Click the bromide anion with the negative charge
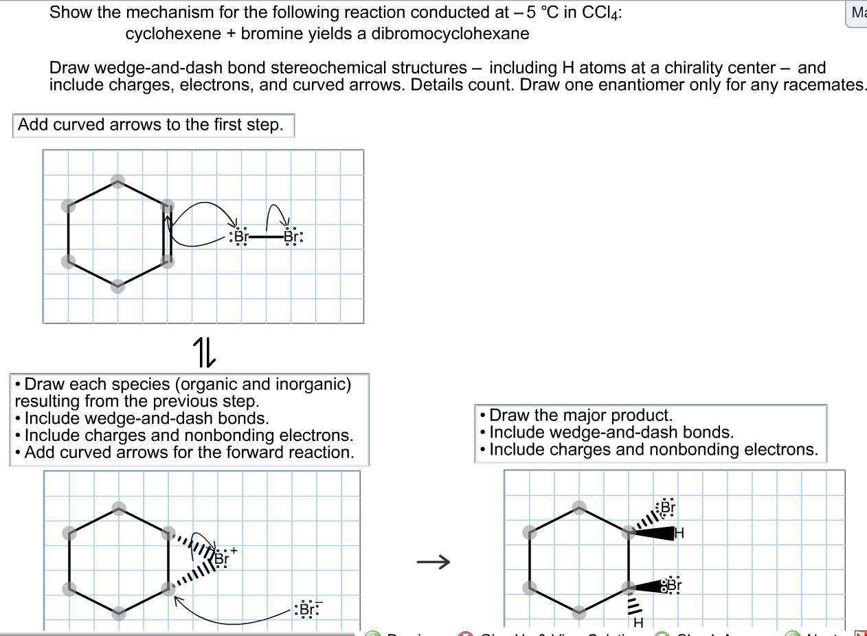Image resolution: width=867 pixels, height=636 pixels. click(x=307, y=610)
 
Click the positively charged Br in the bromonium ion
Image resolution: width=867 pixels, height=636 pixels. click(x=221, y=558)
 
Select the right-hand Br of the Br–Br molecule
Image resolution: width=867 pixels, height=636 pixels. click(x=291, y=237)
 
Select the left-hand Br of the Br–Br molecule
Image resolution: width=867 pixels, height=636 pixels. click(x=240, y=237)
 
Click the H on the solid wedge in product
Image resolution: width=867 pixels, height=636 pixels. click(x=679, y=533)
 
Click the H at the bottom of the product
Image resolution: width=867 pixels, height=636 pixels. click(x=638, y=623)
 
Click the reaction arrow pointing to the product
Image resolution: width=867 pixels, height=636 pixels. click(x=433, y=563)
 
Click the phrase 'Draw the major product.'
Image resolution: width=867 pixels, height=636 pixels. click(x=581, y=415)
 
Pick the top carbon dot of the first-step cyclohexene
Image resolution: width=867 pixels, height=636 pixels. click(x=118, y=181)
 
